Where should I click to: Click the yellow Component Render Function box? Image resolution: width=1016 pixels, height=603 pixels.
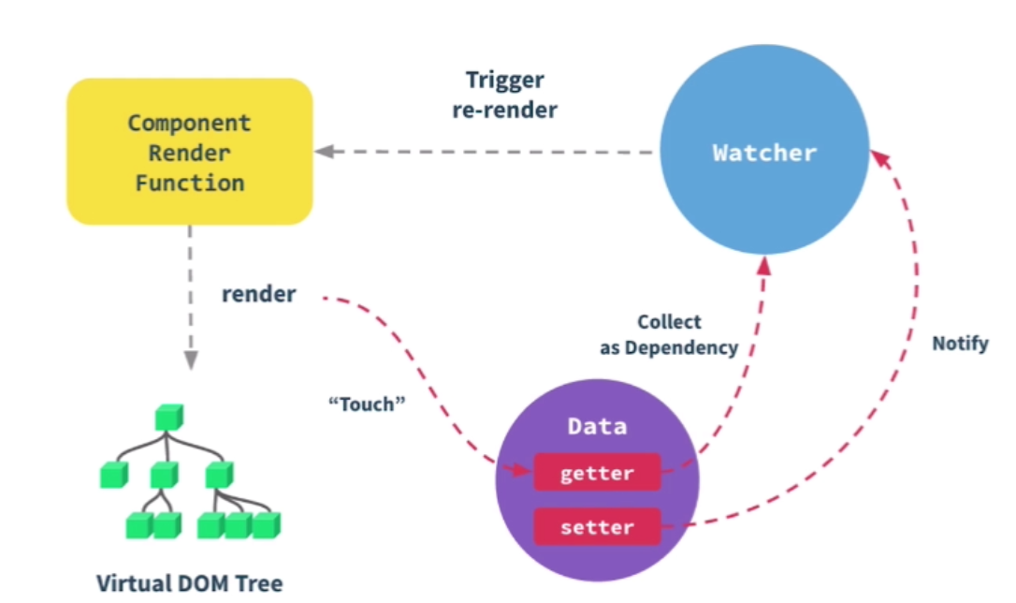tap(190, 152)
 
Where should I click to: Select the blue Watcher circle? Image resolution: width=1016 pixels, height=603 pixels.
tap(764, 149)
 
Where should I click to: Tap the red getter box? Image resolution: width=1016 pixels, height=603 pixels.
tap(597, 473)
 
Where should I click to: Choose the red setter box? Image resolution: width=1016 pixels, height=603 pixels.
tap(597, 526)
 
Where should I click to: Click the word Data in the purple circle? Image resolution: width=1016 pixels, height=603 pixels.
tap(597, 427)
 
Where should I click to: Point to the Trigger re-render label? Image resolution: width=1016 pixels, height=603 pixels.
tap(505, 95)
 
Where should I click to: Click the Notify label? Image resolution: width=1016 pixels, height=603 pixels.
tap(960, 343)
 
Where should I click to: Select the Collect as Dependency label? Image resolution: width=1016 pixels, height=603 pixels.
tap(669, 334)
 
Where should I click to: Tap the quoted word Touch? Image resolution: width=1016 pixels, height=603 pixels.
tap(367, 404)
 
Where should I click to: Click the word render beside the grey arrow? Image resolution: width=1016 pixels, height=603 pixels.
tap(258, 294)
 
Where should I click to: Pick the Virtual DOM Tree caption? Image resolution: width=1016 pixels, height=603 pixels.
tap(189, 583)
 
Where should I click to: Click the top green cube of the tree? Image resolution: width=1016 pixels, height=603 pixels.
tap(169, 418)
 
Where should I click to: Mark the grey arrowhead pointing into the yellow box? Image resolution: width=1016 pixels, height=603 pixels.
tap(324, 152)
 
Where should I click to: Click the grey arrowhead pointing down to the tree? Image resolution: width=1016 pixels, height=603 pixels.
tap(191, 360)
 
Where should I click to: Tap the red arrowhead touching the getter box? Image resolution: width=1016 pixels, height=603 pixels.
tap(522, 468)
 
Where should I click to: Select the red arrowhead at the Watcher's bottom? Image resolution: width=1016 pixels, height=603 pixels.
tap(764, 265)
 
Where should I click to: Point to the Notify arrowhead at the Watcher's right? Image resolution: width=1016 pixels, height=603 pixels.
tap(880, 159)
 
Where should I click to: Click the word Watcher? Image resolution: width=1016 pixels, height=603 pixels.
tap(764, 153)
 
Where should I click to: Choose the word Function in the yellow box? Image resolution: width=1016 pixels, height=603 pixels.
tap(190, 183)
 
